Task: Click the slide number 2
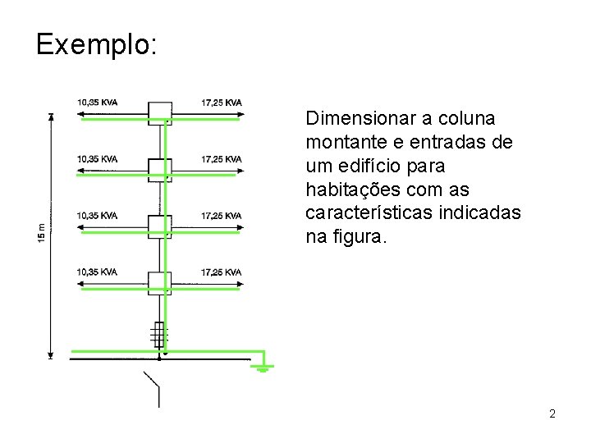[552, 413]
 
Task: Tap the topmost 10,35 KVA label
[97, 102]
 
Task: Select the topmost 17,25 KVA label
[221, 102]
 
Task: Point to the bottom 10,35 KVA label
[97, 272]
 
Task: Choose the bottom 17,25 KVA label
[221, 272]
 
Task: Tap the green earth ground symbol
[263, 366]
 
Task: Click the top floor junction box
[159, 112]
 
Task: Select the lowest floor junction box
[159, 282]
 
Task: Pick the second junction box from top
[159, 169]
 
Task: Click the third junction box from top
[159, 226]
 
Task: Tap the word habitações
[347, 190]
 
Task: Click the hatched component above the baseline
[158, 334]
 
